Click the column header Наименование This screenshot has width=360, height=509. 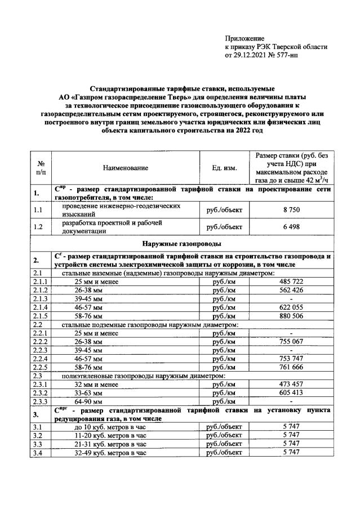coord(125,167)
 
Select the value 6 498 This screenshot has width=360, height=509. coord(291,227)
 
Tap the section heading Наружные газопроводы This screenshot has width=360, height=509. coord(180,244)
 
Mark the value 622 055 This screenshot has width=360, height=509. coord(291,308)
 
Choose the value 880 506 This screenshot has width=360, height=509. coord(291,317)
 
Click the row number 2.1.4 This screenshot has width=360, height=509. coord(41,308)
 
